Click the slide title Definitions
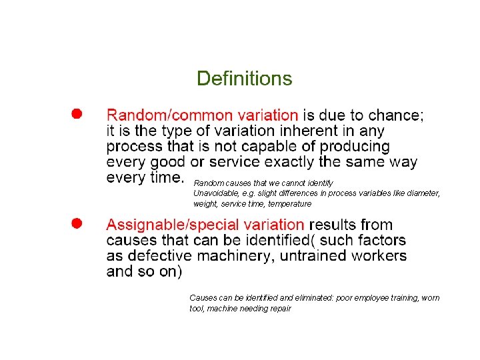point(244,79)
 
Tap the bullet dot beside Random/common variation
point(77,114)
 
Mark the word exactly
point(289,162)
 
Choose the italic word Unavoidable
point(215,193)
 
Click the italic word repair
point(279,309)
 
